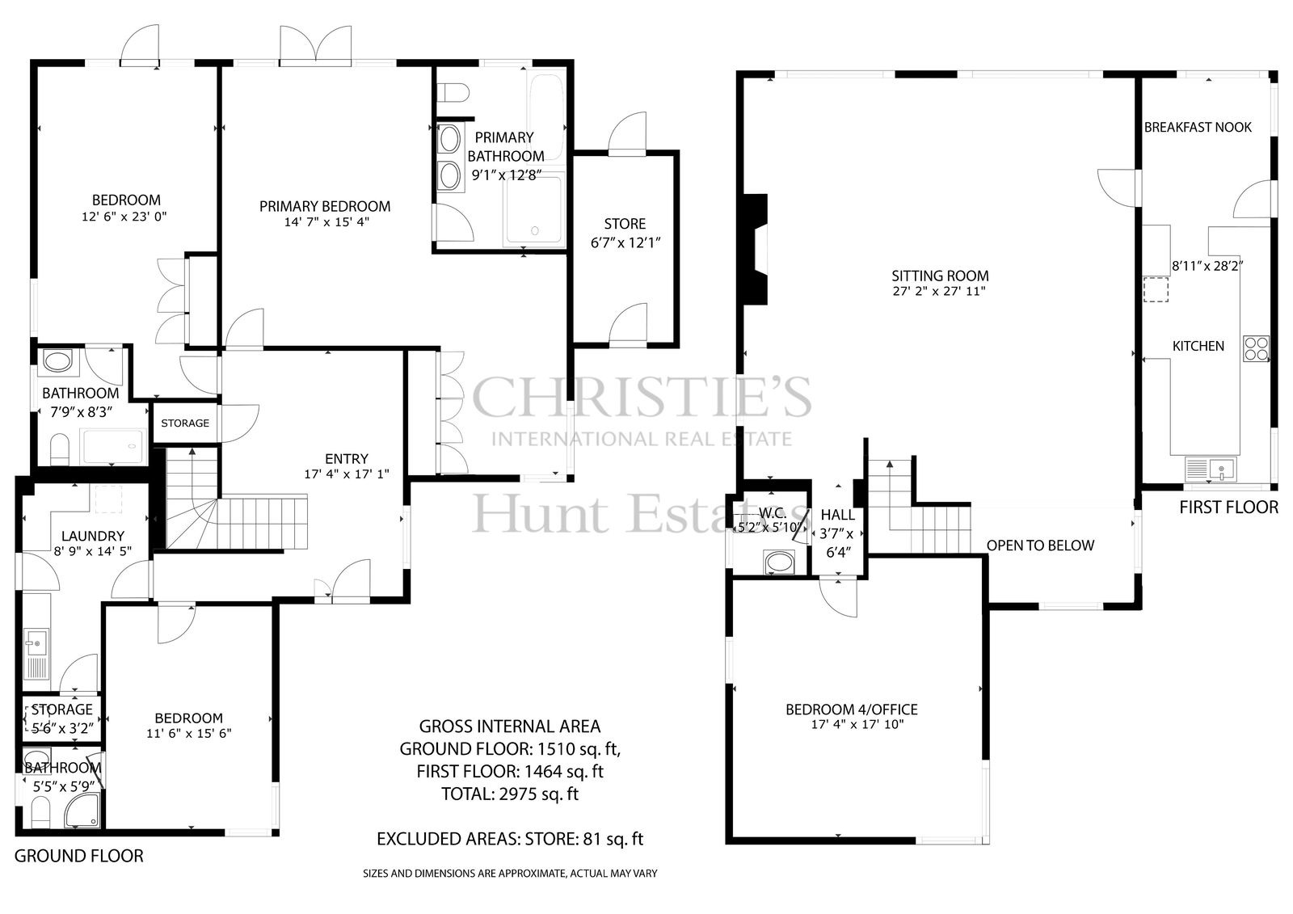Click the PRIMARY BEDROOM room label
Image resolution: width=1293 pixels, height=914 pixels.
[x=324, y=206]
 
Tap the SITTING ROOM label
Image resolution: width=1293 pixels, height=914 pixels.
[x=940, y=276]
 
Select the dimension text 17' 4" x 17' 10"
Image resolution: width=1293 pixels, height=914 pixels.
[x=857, y=724]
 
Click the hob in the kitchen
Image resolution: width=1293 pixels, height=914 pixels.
[x=1256, y=348]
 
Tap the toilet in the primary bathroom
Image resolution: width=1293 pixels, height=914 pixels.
[x=453, y=92]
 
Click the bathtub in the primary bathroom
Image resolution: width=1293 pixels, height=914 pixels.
[x=545, y=116]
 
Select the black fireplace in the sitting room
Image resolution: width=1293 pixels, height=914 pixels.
[x=755, y=249]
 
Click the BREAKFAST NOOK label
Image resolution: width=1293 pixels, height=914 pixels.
[x=1198, y=127]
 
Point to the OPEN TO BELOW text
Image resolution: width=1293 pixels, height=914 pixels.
[x=1040, y=545]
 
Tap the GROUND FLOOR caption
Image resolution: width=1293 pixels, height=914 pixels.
[x=78, y=856]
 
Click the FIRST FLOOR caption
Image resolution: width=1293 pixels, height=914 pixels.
[x=1228, y=507]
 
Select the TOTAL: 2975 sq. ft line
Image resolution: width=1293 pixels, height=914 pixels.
[x=510, y=794]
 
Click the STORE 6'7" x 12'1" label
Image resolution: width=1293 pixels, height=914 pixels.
[x=625, y=233]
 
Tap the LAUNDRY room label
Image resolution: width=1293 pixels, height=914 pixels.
[x=92, y=536]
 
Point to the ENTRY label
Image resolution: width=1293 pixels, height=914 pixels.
[x=347, y=458]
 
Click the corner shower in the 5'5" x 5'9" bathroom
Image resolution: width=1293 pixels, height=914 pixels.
[x=82, y=809]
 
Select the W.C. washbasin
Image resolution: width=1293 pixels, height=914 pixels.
[x=779, y=562]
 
